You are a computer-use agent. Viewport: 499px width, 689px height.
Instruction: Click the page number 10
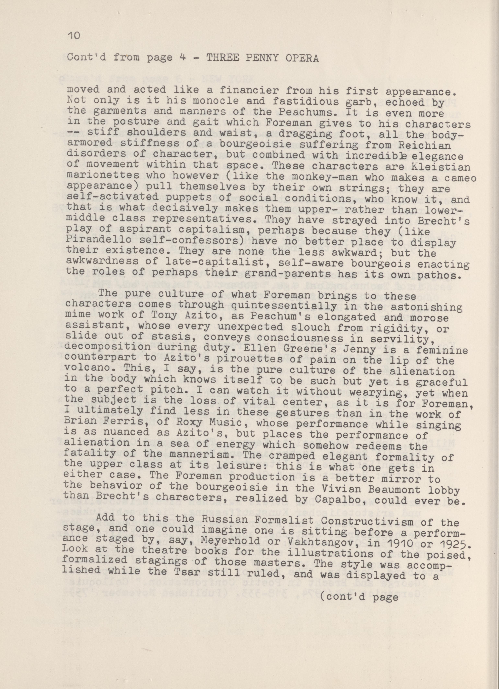(73, 36)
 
